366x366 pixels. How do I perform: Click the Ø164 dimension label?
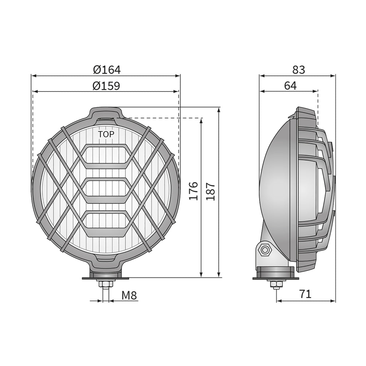107,69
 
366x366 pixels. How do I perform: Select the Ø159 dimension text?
106,86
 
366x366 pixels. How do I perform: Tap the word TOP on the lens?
106,134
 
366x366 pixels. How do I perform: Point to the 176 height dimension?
193,191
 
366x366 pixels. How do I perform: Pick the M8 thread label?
129,295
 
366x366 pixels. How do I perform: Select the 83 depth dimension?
299,70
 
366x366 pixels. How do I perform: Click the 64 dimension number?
290,86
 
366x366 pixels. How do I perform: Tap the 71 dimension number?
305,294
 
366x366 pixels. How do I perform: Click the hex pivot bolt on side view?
265,249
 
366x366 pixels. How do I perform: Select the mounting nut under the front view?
106,285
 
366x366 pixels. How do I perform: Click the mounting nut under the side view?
276,285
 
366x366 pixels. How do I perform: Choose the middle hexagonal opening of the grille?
106,190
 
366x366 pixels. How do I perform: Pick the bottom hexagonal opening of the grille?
106,224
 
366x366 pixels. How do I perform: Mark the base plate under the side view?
276,278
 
